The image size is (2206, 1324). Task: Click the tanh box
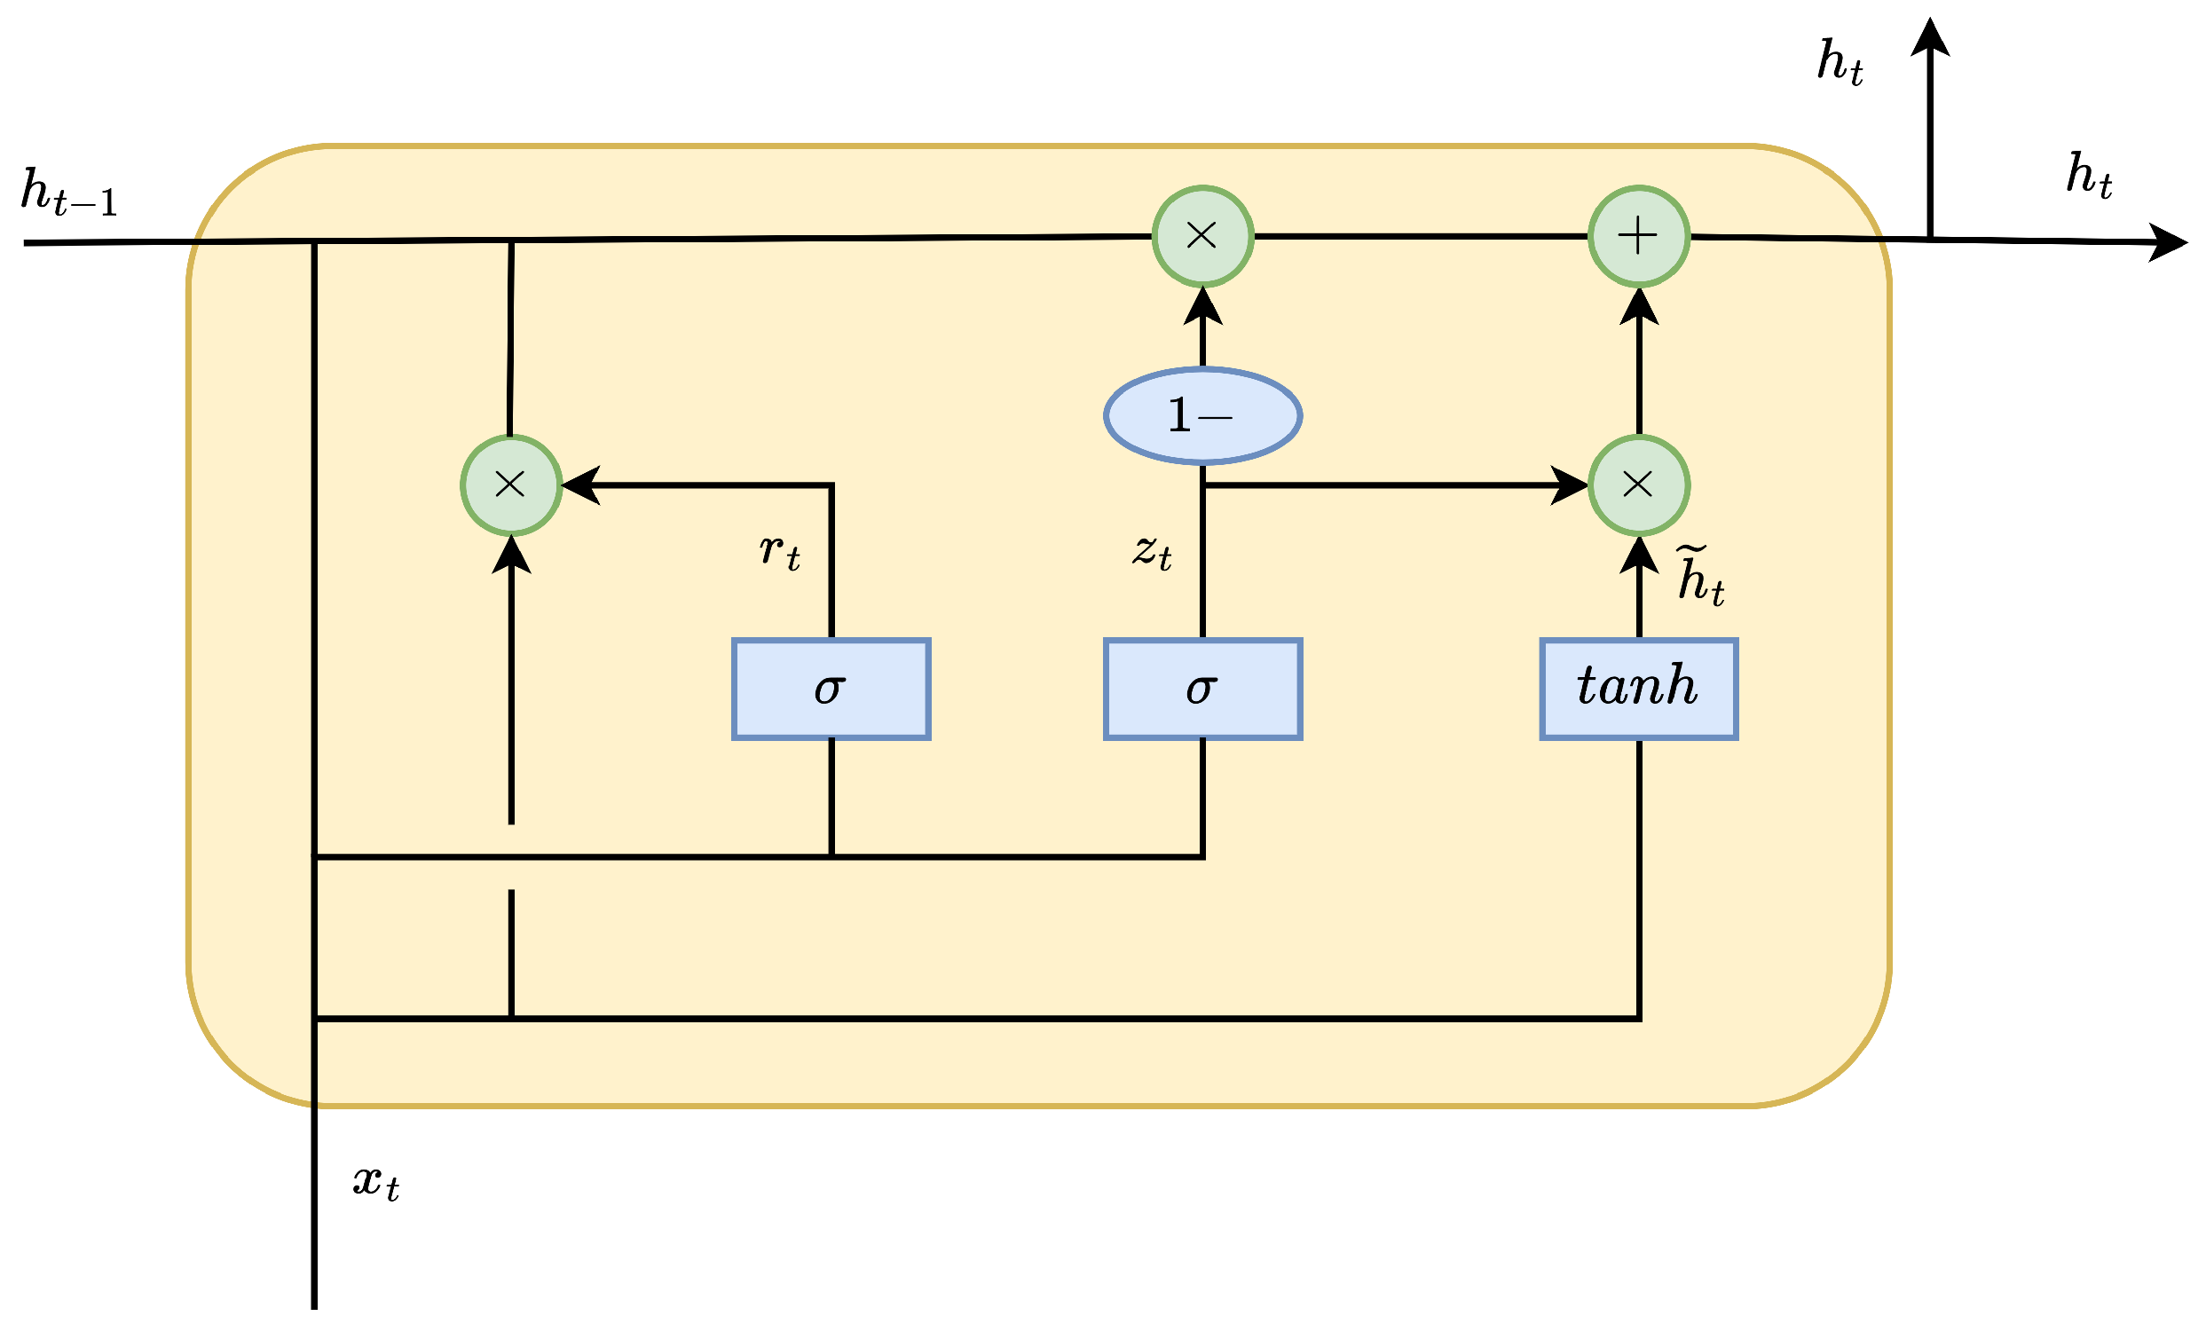point(1638,689)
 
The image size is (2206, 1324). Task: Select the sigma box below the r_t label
point(831,689)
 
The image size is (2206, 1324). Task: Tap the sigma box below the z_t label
point(1202,689)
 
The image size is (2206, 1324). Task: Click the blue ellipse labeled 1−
point(1202,416)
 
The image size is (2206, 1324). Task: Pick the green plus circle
point(1638,236)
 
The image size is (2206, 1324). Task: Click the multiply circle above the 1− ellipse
point(1202,236)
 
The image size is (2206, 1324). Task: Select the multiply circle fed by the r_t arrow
point(510,485)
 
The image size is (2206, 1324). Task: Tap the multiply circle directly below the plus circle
point(1638,485)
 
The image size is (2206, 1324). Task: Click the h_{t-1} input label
point(68,192)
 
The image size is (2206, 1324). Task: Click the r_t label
point(779,550)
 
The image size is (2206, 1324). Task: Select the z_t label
point(1152,550)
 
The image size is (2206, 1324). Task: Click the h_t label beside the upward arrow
point(1840,62)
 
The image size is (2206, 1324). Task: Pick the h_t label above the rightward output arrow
point(2088,175)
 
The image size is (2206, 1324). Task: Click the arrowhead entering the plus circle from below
point(1638,307)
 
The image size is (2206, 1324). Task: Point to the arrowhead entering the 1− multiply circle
point(1202,307)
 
